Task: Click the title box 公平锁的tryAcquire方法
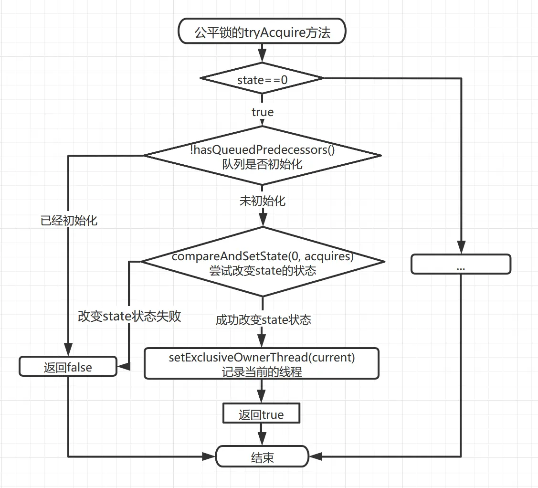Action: [262, 32]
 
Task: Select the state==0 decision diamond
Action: [262, 79]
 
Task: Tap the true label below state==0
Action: [263, 112]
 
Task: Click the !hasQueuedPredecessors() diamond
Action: [262, 156]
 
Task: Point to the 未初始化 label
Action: [263, 201]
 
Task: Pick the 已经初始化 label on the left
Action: [69, 221]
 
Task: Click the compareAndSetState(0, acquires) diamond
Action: [262, 263]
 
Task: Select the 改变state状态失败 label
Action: [129, 317]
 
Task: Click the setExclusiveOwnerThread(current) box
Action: [262, 364]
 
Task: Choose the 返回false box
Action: [68, 367]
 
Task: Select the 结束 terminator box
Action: [262, 457]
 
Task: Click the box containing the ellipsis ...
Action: [461, 264]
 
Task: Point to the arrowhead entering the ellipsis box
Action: [461, 249]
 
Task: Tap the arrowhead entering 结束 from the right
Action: [315, 457]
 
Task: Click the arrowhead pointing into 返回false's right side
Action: [123, 367]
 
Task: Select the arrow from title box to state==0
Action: [262, 53]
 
